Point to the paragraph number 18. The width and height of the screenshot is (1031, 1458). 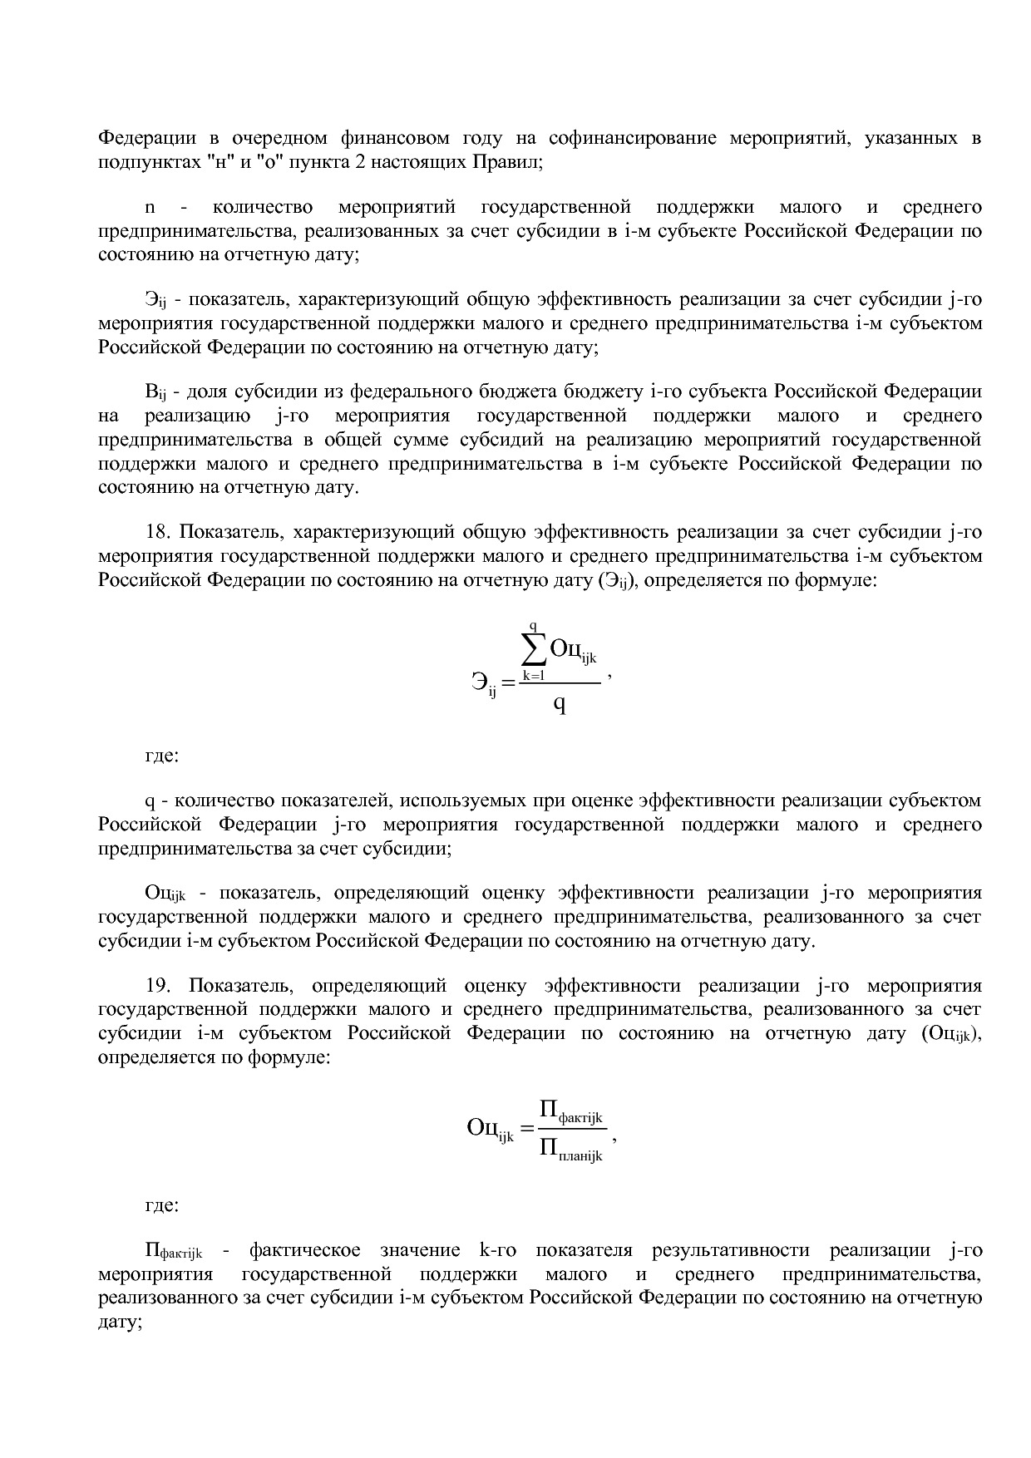tap(158, 531)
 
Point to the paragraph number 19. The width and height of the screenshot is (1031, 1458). tap(158, 986)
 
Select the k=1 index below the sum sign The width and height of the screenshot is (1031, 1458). tap(533, 675)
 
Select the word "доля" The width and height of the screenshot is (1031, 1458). tap(206, 392)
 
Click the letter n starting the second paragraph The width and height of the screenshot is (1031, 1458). tap(150, 207)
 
